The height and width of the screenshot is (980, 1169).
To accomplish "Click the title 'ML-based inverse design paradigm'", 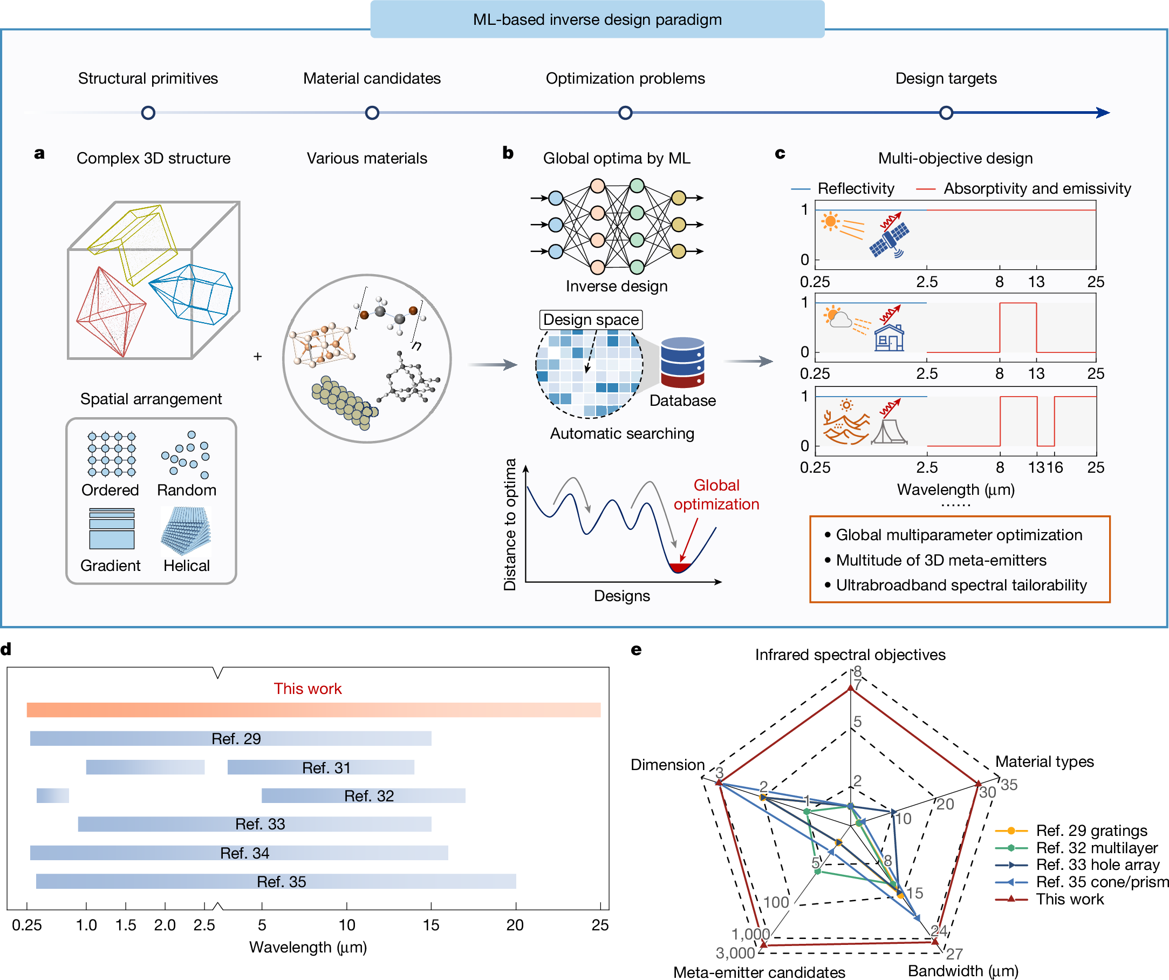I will pos(597,19).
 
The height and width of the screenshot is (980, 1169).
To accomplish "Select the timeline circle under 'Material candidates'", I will pos(372,113).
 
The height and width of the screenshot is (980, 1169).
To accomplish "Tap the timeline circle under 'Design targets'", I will pos(946,113).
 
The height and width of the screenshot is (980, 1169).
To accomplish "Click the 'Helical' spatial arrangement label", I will pos(187,566).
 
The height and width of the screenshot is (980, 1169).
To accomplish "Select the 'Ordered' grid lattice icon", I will pos(111,454).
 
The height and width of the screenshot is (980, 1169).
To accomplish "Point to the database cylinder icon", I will pos(682,363).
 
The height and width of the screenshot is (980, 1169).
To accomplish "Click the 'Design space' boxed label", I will pos(591,319).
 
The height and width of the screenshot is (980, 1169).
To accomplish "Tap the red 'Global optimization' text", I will pos(716,494).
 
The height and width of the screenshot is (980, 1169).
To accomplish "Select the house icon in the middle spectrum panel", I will pos(889,337).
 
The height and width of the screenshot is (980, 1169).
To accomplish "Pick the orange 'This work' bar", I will pos(313,710).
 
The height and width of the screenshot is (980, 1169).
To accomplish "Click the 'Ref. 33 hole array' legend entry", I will pos(1097,865).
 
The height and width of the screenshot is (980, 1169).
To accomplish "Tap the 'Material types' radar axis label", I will pos(1044,762).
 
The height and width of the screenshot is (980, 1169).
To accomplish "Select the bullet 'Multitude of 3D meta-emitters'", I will pos(941,560).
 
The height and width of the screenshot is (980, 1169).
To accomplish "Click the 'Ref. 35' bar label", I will pos(281,882).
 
